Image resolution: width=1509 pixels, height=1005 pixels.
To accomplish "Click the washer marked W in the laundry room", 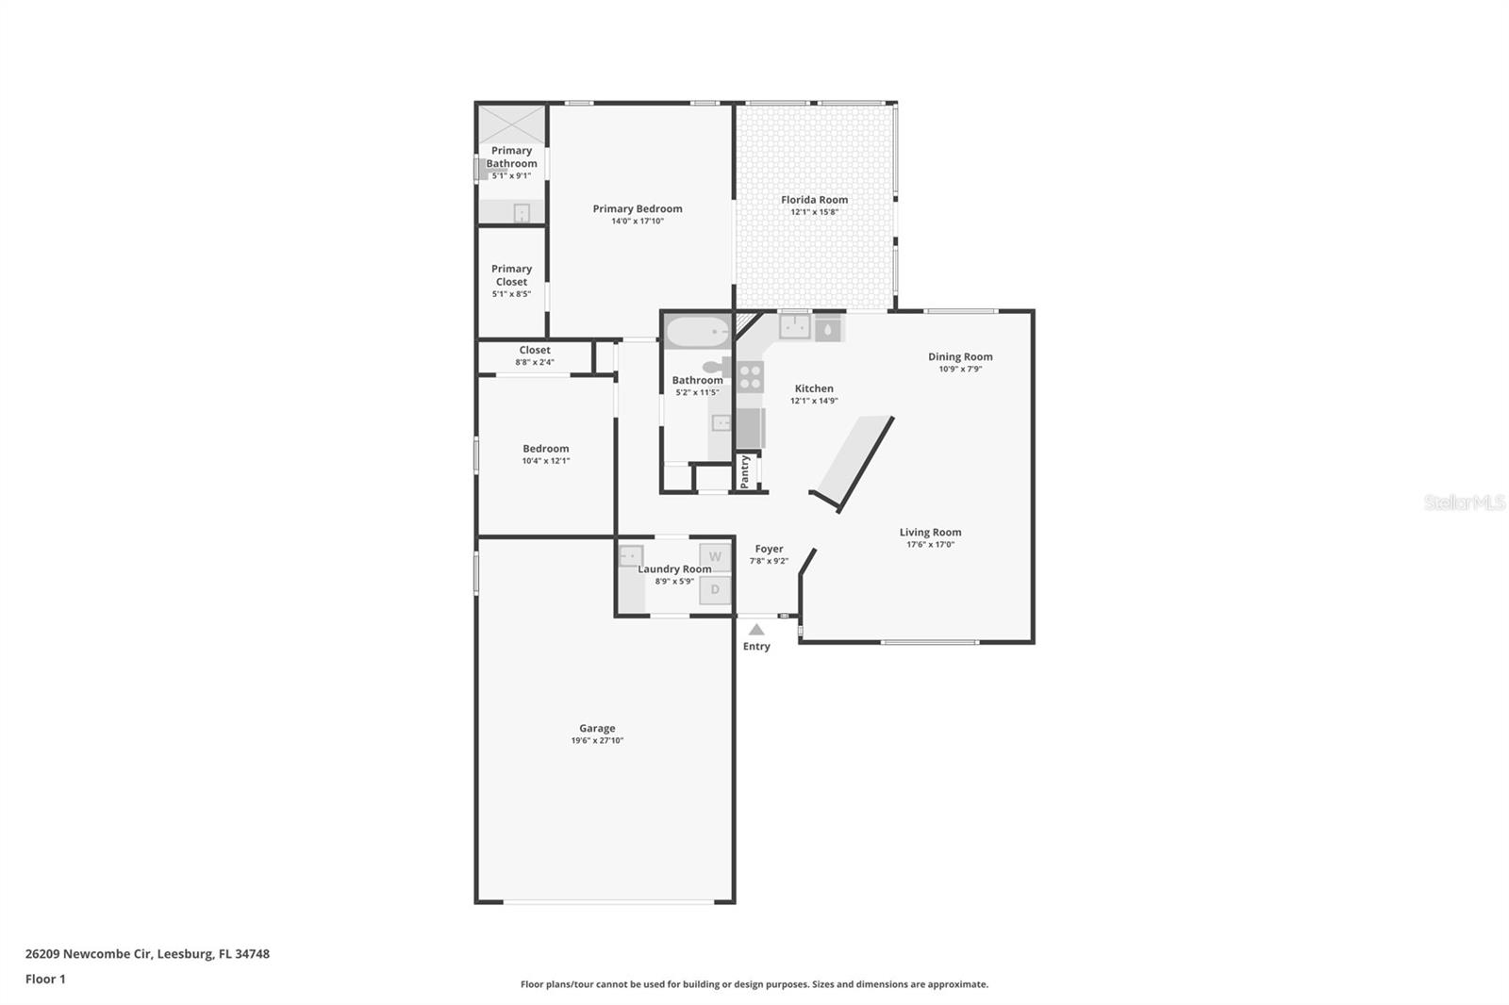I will (715, 557).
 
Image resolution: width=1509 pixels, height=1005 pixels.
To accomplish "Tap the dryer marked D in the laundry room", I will (715, 590).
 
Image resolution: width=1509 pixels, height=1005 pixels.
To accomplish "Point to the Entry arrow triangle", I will (756, 630).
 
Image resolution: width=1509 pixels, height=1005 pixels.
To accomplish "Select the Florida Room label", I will (814, 200).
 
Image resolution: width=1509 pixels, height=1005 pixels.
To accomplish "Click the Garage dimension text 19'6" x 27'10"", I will (597, 741).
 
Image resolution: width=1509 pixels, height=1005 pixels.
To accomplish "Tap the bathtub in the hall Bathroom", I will (697, 333).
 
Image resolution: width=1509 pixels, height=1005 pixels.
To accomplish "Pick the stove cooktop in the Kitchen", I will (751, 377).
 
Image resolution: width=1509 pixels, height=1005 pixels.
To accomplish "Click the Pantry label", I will (745, 470).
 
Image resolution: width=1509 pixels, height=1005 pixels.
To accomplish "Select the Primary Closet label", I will (511, 275).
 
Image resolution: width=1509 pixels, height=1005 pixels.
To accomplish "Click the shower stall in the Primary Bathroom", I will (511, 124).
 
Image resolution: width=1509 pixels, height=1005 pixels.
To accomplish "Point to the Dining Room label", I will (960, 356).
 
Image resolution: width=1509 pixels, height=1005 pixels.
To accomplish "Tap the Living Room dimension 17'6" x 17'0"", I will (930, 545).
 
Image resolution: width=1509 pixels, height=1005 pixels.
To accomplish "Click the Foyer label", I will (769, 549).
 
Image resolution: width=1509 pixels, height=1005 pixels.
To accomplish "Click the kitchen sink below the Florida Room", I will (794, 327).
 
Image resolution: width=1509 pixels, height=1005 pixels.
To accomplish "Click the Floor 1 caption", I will (45, 980).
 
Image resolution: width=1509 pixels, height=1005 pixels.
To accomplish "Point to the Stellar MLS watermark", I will (1464, 503).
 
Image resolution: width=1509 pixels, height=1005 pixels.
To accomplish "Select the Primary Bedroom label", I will (638, 209).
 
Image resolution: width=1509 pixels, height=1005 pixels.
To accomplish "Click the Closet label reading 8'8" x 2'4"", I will (535, 362).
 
